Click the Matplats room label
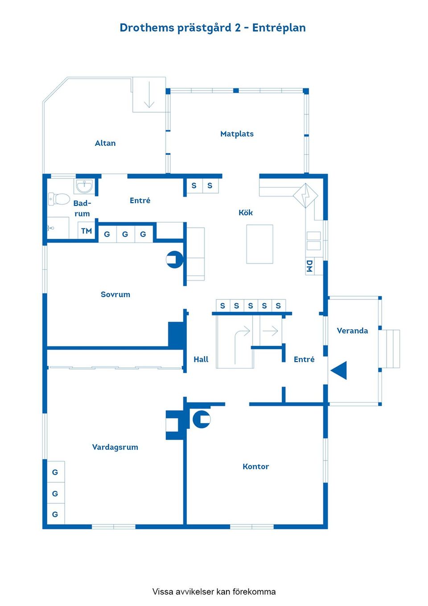(237, 134)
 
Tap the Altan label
(105, 143)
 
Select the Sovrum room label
(115, 295)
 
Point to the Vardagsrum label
(115, 447)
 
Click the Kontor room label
(255, 467)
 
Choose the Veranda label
(352, 331)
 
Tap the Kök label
(246, 212)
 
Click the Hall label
(201, 359)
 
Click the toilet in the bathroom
(59, 199)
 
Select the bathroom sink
(84, 187)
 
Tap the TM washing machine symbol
(86, 231)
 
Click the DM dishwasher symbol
(310, 266)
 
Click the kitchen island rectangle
(259, 244)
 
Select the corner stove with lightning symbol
(305, 195)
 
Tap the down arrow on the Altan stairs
(149, 95)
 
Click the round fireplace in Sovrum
(175, 259)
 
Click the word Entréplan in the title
(279, 28)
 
